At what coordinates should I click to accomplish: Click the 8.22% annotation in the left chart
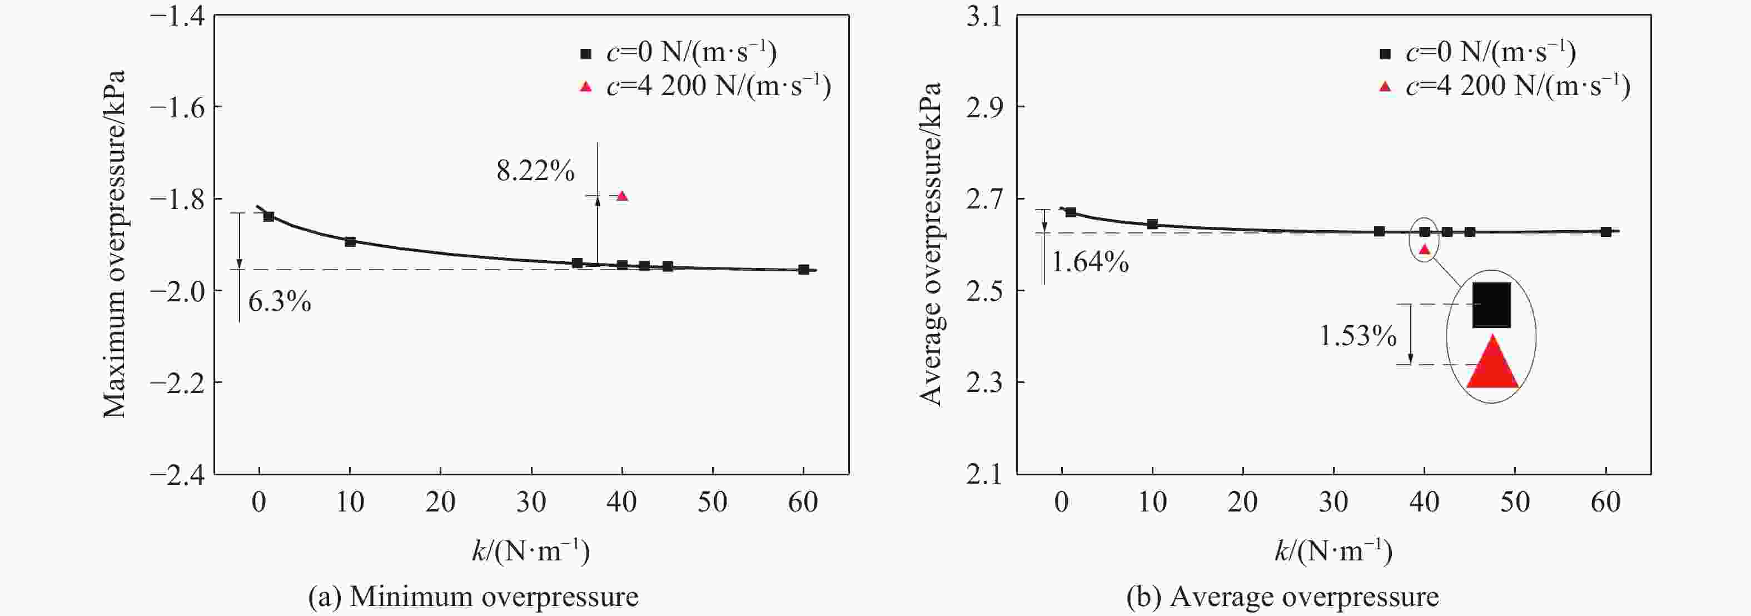click(x=535, y=171)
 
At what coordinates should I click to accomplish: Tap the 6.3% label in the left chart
click(x=280, y=301)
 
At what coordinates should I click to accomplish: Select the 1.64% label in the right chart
click(x=1090, y=262)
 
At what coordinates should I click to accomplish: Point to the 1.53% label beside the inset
click(x=1357, y=336)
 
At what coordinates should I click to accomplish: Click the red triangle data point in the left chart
click(x=621, y=196)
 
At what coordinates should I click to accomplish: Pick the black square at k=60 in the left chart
click(x=803, y=269)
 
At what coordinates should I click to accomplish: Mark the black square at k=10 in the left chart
click(x=350, y=241)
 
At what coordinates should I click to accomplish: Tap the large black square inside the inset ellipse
click(x=1491, y=305)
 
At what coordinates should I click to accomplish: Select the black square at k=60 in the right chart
click(x=1605, y=232)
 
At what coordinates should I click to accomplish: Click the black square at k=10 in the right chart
click(x=1152, y=223)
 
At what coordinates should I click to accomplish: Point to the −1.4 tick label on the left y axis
click(x=178, y=16)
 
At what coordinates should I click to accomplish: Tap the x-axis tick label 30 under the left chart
click(x=531, y=503)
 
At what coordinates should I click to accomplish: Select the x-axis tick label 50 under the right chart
click(x=1514, y=503)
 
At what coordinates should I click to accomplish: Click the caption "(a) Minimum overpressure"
click(x=473, y=597)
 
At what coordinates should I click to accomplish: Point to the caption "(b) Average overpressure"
click(x=1282, y=597)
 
